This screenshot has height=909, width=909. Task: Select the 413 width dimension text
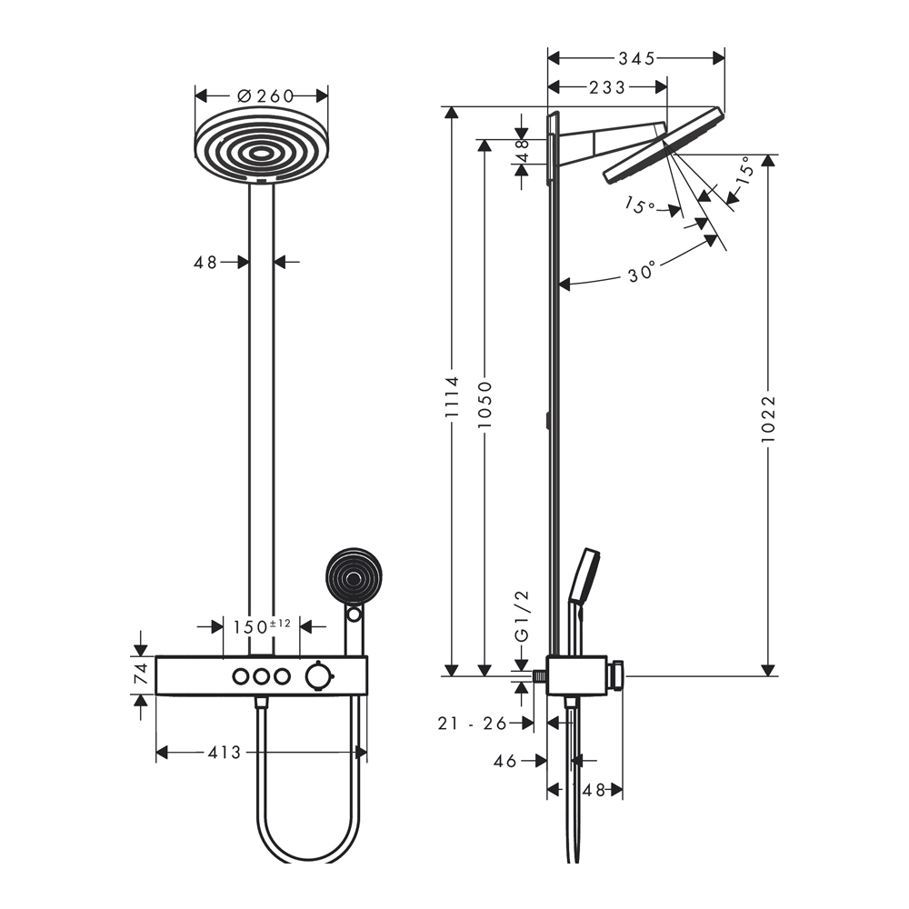click(225, 752)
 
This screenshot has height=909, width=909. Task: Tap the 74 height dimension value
click(142, 674)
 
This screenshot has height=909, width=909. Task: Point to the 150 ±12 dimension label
click(261, 626)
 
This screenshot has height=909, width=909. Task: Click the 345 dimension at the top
click(636, 59)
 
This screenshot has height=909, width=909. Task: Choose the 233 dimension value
click(607, 87)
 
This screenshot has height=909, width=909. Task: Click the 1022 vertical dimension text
click(769, 417)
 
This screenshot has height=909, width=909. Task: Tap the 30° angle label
click(642, 272)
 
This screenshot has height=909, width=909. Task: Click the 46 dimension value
click(505, 761)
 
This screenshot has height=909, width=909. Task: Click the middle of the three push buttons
click(261, 675)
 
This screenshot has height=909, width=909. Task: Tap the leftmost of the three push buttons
click(240, 675)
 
